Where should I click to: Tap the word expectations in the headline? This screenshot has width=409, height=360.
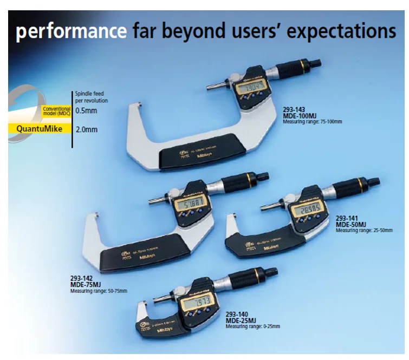coord(342,32)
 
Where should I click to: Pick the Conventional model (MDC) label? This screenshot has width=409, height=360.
coord(57,110)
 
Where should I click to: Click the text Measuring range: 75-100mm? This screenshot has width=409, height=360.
coord(312,122)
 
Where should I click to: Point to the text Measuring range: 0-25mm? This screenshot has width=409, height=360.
coord(253,327)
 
